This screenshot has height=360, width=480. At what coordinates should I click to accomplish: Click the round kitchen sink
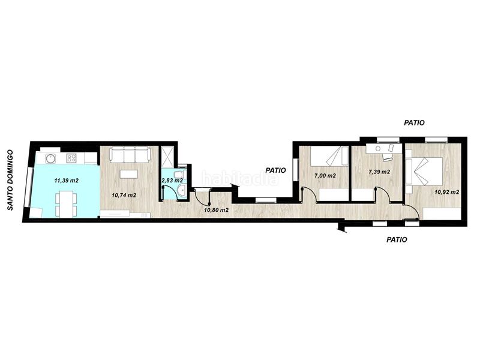tap(50, 158)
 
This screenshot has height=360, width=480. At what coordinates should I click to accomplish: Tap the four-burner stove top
tap(71, 158)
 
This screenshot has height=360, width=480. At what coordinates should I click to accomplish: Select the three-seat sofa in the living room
tap(130, 155)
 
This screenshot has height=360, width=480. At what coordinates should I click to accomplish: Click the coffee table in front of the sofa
tap(129, 174)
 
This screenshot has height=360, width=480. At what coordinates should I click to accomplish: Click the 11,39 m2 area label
tap(67, 181)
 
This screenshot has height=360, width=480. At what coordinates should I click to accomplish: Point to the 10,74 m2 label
tap(124, 196)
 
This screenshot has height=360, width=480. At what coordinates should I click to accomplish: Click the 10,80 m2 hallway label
tap(217, 210)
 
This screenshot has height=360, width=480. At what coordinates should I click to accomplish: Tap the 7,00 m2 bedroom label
tap(325, 176)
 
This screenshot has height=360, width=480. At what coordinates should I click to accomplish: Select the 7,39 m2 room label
tap(379, 172)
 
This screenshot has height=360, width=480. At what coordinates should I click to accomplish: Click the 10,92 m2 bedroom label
tap(446, 192)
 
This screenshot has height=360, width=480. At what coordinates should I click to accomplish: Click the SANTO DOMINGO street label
tap(10, 180)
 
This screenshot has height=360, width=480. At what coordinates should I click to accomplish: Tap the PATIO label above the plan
tap(414, 123)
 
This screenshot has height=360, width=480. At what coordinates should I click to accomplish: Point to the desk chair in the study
tap(387, 157)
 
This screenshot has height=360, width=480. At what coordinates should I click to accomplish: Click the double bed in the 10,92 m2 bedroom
tap(424, 171)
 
